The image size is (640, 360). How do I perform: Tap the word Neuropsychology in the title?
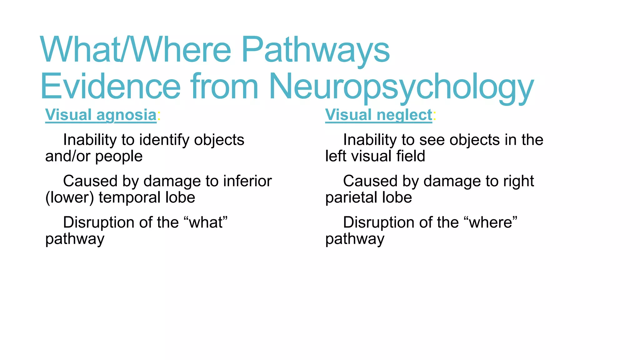pos(401,87)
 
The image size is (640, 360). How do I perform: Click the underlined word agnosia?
pos(127,115)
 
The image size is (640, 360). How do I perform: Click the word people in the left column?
pos(119,156)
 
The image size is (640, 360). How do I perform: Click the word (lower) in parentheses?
pos(70,197)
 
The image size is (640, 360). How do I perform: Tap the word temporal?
pos(130,197)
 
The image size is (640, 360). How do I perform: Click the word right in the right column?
pos(518,181)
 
